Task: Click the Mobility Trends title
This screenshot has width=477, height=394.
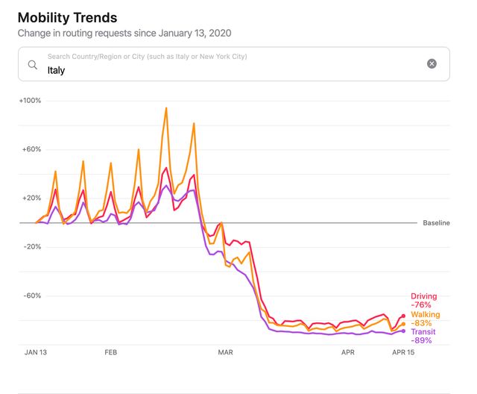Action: point(67,16)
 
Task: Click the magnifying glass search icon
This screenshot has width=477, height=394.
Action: point(33,64)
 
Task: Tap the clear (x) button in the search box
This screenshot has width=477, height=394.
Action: point(432,64)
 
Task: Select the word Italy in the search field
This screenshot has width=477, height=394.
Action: point(57,70)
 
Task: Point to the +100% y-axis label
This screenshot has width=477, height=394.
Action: point(31,101)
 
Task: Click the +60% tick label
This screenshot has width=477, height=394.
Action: point(32,149)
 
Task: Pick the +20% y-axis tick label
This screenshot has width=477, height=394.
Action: point(32,198)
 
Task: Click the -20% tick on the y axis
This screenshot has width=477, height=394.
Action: point(32,246)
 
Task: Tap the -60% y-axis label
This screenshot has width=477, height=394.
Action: point(32,295)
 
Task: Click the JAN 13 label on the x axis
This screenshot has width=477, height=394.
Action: point(37,351)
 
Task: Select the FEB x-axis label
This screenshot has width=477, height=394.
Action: point(111,351)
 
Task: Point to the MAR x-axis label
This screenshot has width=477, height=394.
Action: point(225,351)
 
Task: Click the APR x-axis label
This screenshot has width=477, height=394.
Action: point(348,351)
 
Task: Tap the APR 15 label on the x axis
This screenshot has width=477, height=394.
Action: point(403,351)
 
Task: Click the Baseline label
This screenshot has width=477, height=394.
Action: point(436,223)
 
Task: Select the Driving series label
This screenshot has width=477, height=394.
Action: point(424,296)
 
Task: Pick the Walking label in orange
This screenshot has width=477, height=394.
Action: point(426,315)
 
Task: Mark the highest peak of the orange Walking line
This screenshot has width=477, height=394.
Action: point(165,107)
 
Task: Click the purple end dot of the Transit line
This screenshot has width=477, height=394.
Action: point(403,331)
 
